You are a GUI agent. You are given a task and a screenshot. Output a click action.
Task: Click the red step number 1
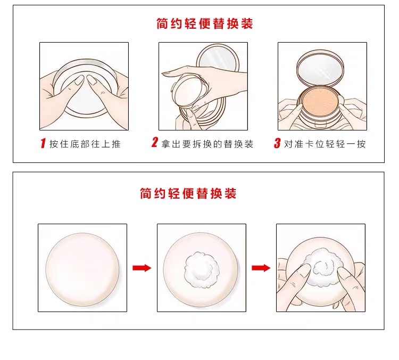[x=43, y=143]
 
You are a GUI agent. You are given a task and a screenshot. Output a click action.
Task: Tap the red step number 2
[x=154, y=142]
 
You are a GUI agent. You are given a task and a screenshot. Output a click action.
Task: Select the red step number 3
[x=277, y=143]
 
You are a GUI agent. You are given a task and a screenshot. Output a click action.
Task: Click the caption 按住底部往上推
[x=85, y=144]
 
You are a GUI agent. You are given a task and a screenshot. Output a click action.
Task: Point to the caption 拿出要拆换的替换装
[x=207, y=144]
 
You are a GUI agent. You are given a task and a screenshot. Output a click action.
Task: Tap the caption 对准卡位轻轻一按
[x=325, y=144]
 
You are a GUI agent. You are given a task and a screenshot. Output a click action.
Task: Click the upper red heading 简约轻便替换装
[x=205, y=23]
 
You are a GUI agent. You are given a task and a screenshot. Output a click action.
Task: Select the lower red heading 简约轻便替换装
[x=188, y=193]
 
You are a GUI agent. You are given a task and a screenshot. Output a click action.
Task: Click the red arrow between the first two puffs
[x=142, y=268]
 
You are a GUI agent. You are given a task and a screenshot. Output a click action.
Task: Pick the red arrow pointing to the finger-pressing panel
[x=261, y=268]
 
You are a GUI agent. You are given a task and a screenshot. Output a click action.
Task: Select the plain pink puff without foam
[x=82, y=269]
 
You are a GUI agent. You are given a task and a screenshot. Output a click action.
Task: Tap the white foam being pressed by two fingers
[x=323, y=267]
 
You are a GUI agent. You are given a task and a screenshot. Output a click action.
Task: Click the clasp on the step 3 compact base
[x=321, y=125]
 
